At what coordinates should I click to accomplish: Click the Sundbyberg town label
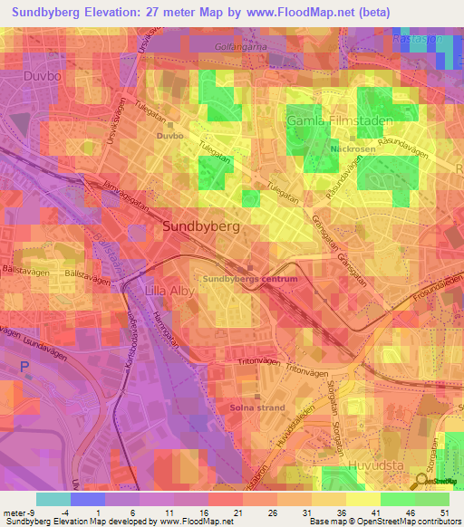pyautogui.click(x=201, y=227)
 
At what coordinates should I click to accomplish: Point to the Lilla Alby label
pyautogui.click(x=169, y=291)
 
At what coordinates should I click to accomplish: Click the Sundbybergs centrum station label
pyautogui.click(x=249, y=280)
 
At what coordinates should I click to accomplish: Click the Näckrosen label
pyautogui.click(x=353, y=149)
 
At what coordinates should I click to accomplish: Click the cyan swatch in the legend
pyautogui.click(x=53, y=499)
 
